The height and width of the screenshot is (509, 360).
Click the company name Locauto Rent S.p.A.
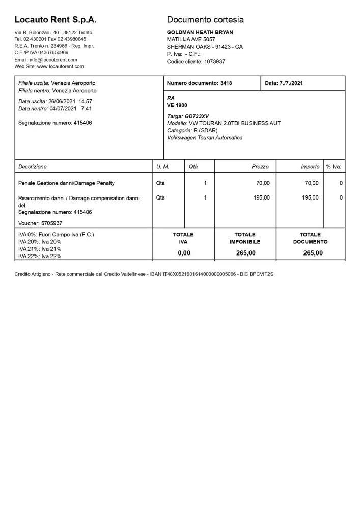(56, 20)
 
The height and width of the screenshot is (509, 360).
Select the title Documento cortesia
(205, 20)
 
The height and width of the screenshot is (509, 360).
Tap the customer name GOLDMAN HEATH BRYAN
(200, 32)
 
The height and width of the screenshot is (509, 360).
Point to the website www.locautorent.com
(60, 66)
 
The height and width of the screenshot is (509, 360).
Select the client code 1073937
(214, 61)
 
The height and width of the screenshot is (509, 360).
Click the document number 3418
(226, 83)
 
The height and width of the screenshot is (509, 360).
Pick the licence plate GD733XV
(197, 116)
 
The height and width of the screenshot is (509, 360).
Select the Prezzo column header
(260, 167)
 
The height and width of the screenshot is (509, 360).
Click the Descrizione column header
(32, 167)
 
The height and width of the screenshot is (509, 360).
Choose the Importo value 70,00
(312, 183)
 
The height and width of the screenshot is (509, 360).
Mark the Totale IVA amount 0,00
(184, 253)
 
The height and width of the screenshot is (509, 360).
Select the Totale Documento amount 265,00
(313, 253)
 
